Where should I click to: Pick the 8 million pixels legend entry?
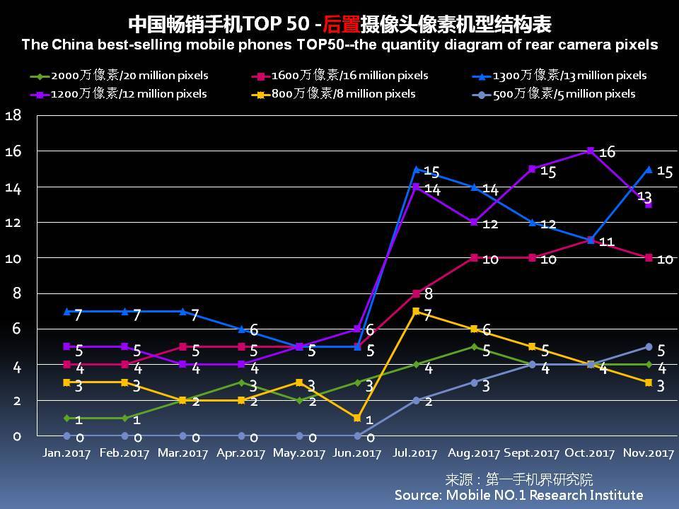click(335, 94)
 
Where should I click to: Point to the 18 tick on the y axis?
click(13, 115)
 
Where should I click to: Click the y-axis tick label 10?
click(13, 258)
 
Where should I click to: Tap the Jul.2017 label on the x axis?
click(415, 453)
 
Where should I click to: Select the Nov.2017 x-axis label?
click(649, 453)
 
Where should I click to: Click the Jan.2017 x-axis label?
click(66, 453)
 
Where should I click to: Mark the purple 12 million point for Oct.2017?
click(590, 151)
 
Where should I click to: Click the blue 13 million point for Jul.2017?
click(417, 169)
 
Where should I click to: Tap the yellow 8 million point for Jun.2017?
click(358, 418)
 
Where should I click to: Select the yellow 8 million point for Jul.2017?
click(417, 311)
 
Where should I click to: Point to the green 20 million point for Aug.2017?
click(475, 346)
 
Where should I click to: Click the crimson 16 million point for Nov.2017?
click(649, 258)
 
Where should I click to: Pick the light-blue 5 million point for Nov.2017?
click(649, 346)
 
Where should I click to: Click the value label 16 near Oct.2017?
click(607, 152)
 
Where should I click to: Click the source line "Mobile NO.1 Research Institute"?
click(518, 495)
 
